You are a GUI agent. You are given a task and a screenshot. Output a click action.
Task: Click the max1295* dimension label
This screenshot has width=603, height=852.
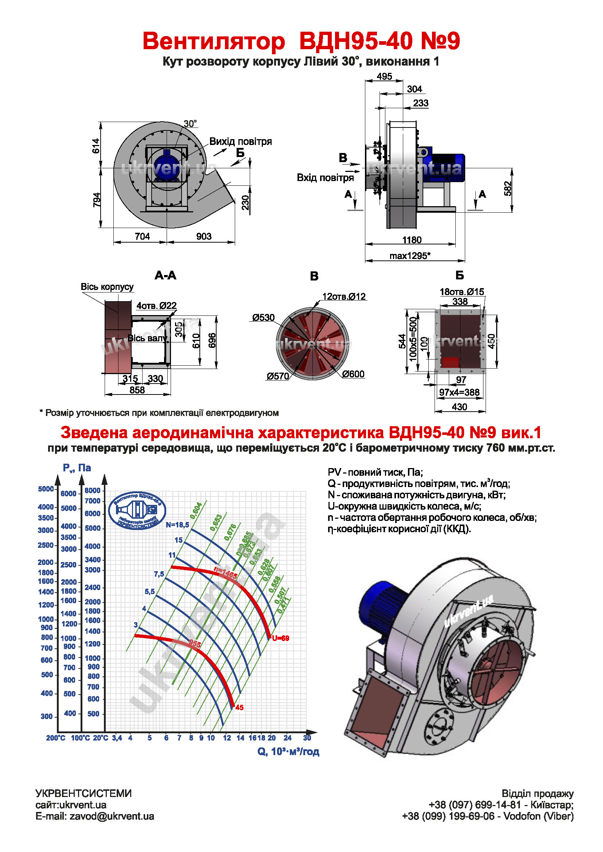[409, 256]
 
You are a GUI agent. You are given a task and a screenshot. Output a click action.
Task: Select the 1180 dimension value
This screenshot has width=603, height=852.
[412, 240]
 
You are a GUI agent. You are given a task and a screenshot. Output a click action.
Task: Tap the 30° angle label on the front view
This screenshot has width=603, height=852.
[190, 123]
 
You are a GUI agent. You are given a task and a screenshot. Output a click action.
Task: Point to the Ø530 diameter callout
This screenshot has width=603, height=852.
[263, 318]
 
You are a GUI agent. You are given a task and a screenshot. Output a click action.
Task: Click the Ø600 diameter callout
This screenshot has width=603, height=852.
[353, 374]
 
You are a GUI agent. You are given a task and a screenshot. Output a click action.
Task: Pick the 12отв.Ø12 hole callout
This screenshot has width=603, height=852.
[344, 297]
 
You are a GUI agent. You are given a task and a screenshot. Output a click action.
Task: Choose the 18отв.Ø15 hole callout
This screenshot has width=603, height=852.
[462, 292]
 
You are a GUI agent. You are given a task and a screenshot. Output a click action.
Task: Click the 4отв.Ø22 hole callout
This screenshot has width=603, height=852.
[156, 306]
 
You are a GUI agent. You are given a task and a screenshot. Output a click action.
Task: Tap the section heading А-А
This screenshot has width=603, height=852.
[165, 275]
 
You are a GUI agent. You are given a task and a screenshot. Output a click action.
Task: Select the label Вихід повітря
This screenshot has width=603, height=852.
[240, 141]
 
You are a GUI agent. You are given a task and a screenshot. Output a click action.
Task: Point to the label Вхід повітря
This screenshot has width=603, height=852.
[325, 178]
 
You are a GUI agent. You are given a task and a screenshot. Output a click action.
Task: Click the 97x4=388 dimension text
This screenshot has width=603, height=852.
[459, 392]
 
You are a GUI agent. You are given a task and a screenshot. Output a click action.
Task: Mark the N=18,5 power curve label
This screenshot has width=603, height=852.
[177, 525]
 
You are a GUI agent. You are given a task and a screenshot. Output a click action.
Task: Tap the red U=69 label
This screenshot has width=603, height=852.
[280, 638]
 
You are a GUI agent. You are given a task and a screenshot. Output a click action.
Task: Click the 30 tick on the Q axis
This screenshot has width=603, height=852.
[307, 738]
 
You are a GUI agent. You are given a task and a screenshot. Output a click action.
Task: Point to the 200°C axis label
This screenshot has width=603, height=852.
[55, 738]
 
